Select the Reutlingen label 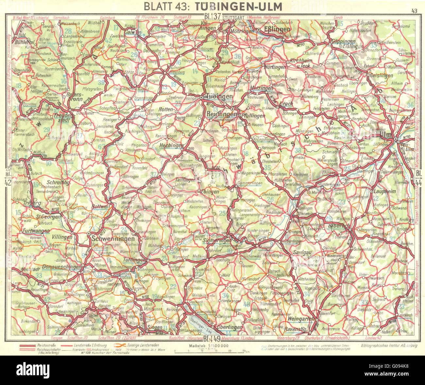[x=222, y=114]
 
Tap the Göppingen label [x=343, y=42]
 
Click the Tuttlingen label [x=134, y=260]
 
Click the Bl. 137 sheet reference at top [x=213, y=17]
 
